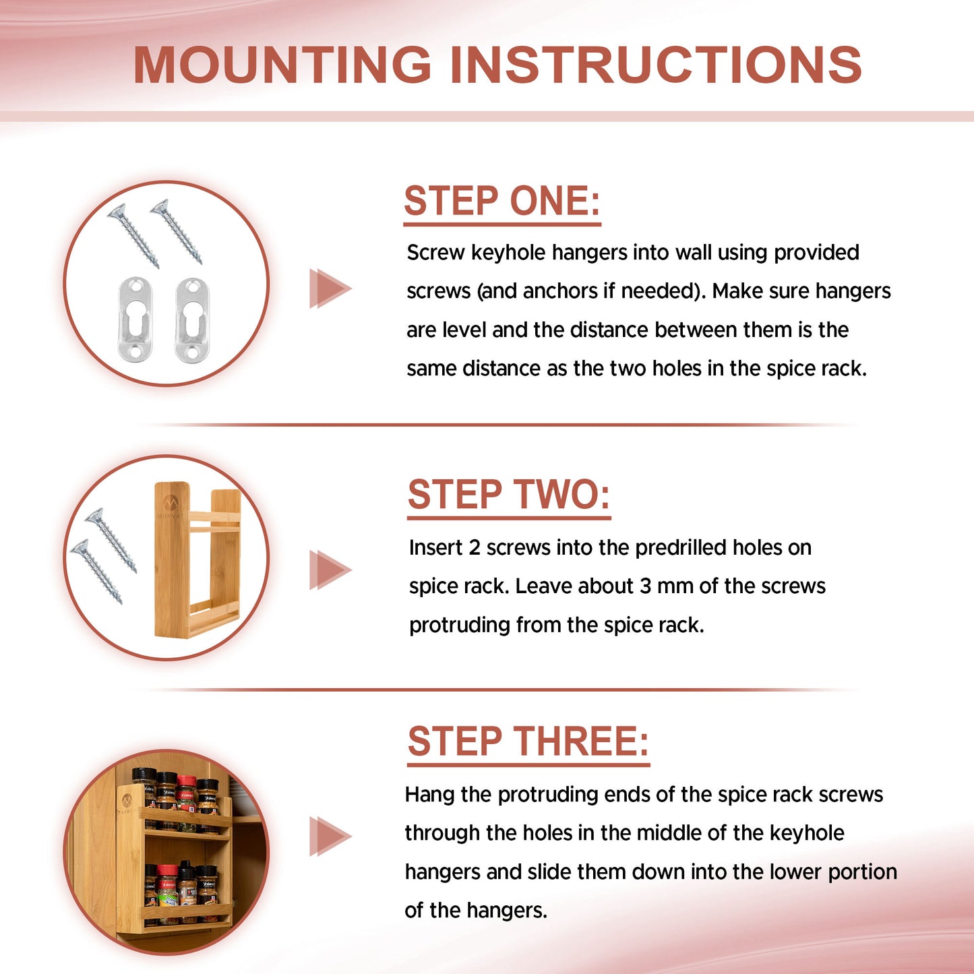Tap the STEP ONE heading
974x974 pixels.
click(x=502, y=201)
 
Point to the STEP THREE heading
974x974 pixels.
click(x=528, y=741)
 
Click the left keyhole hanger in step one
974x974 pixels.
click(x=135, y=318)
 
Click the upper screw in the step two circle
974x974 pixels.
click(x=111, y=541)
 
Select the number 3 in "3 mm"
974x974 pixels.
click(x=646, y=586)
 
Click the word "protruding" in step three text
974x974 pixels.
click(x=547, y=795)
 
